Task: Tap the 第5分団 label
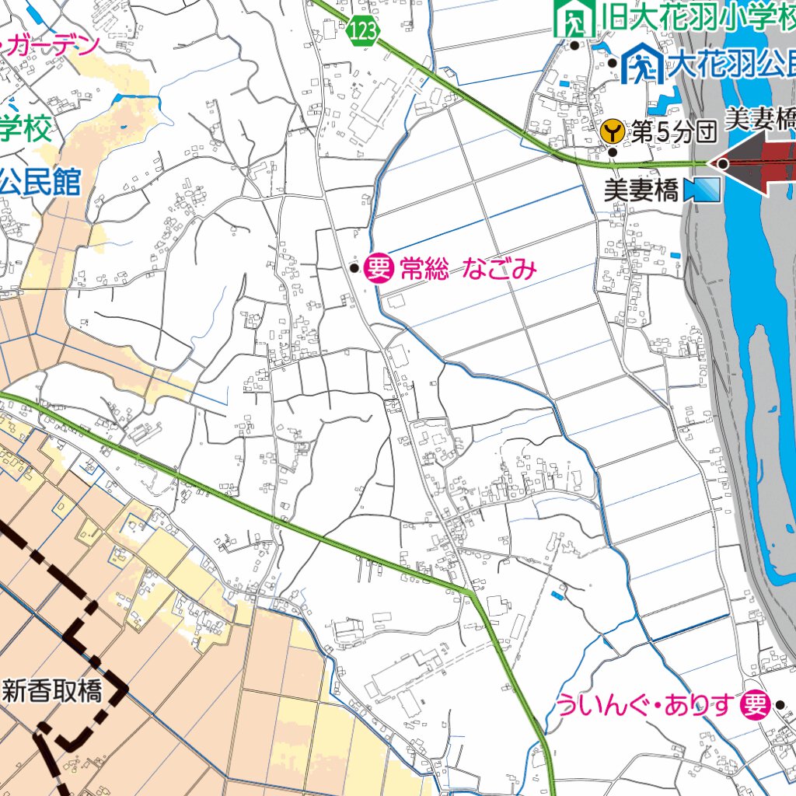click(673, 131)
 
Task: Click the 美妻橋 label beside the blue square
click(641, 190)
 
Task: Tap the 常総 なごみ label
click(468, 269)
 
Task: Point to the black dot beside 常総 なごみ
click(354, 269)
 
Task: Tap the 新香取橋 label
click(53, 691)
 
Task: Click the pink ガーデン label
click(51, 45)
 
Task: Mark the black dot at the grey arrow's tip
click(723, 164)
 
